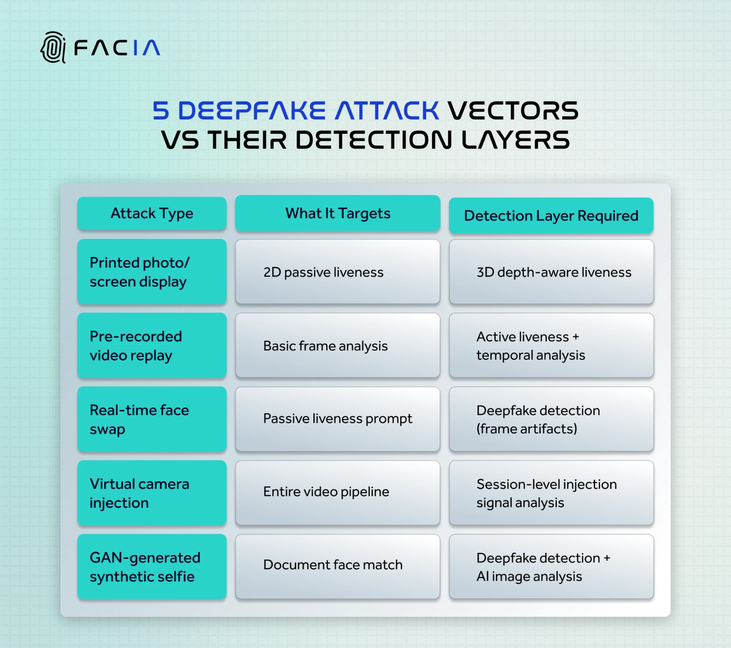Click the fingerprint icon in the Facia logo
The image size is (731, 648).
pyautogui.click(x=53, y=48)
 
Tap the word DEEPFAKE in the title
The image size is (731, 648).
pyautogui.click(x=252, y=111)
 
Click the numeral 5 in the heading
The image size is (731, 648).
pyautogui.click(x=161, y=111)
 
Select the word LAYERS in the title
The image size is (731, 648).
pyautogui.click(x=515, y=140)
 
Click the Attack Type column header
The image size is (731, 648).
pyautogui.click(x=152, y=213)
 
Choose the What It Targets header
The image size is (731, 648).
pyautogui.click(x=338, y=213)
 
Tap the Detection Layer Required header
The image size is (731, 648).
pyautogui.click(x=551, y=216)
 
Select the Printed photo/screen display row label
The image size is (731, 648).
pyautogui.click(x=152, y=272)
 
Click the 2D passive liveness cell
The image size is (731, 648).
pyautogui.click(x=338, y=272)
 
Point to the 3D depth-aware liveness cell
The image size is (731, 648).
pyautogui.click(x=551, y=272)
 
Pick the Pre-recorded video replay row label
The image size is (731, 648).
pyautogui.click(x=152, y=345)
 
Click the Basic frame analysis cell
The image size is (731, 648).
pyautogui.click(x=338, y=345)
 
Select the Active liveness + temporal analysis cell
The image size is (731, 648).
pyautogui.click(x=551, y=345)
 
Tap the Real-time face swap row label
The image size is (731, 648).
pyautogui.click(x=152, y=419)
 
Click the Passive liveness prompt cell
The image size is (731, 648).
pyautogui.click(x=338, y=419)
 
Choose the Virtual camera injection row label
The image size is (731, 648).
pyautogui.click(x=152, y=493)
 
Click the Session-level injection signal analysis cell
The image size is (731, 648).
pyautogui.click(x=551, y=493)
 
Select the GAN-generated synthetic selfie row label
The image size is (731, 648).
pyautogui.click(x=152, y=567)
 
